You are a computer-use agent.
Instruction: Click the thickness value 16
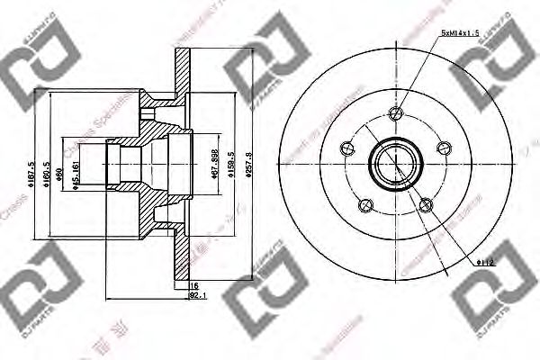pos(193,286)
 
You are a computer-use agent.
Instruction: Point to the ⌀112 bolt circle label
pos(487,262)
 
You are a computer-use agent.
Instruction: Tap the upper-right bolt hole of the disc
pos(442,148)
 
